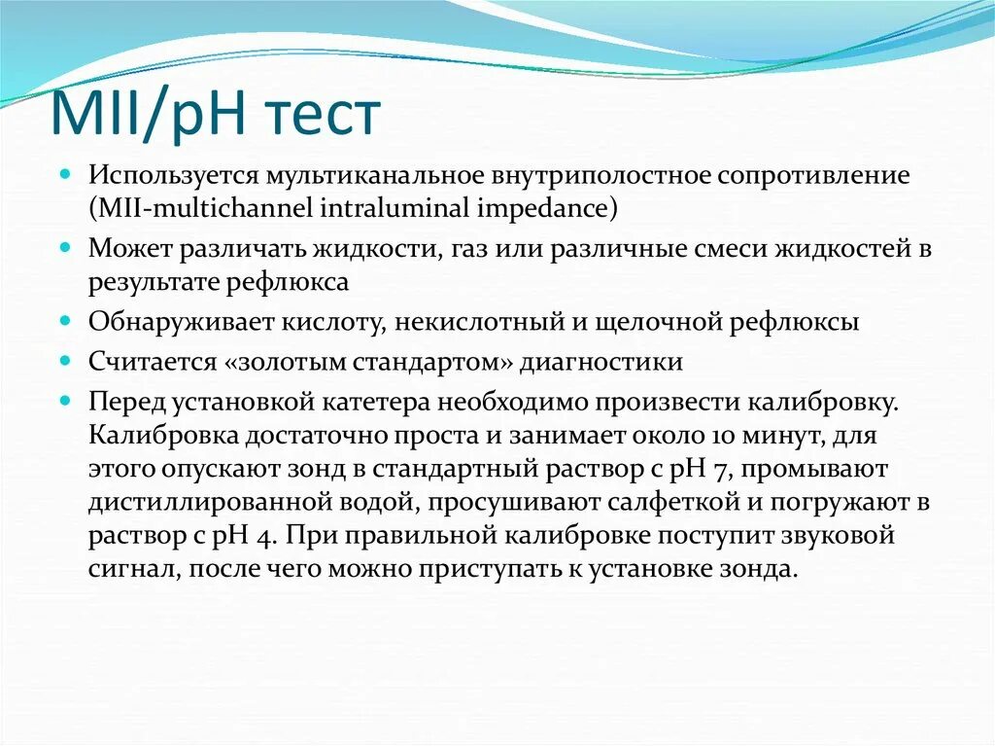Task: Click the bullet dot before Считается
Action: tap(65, 361)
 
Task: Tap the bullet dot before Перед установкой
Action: tap(65, 401)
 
